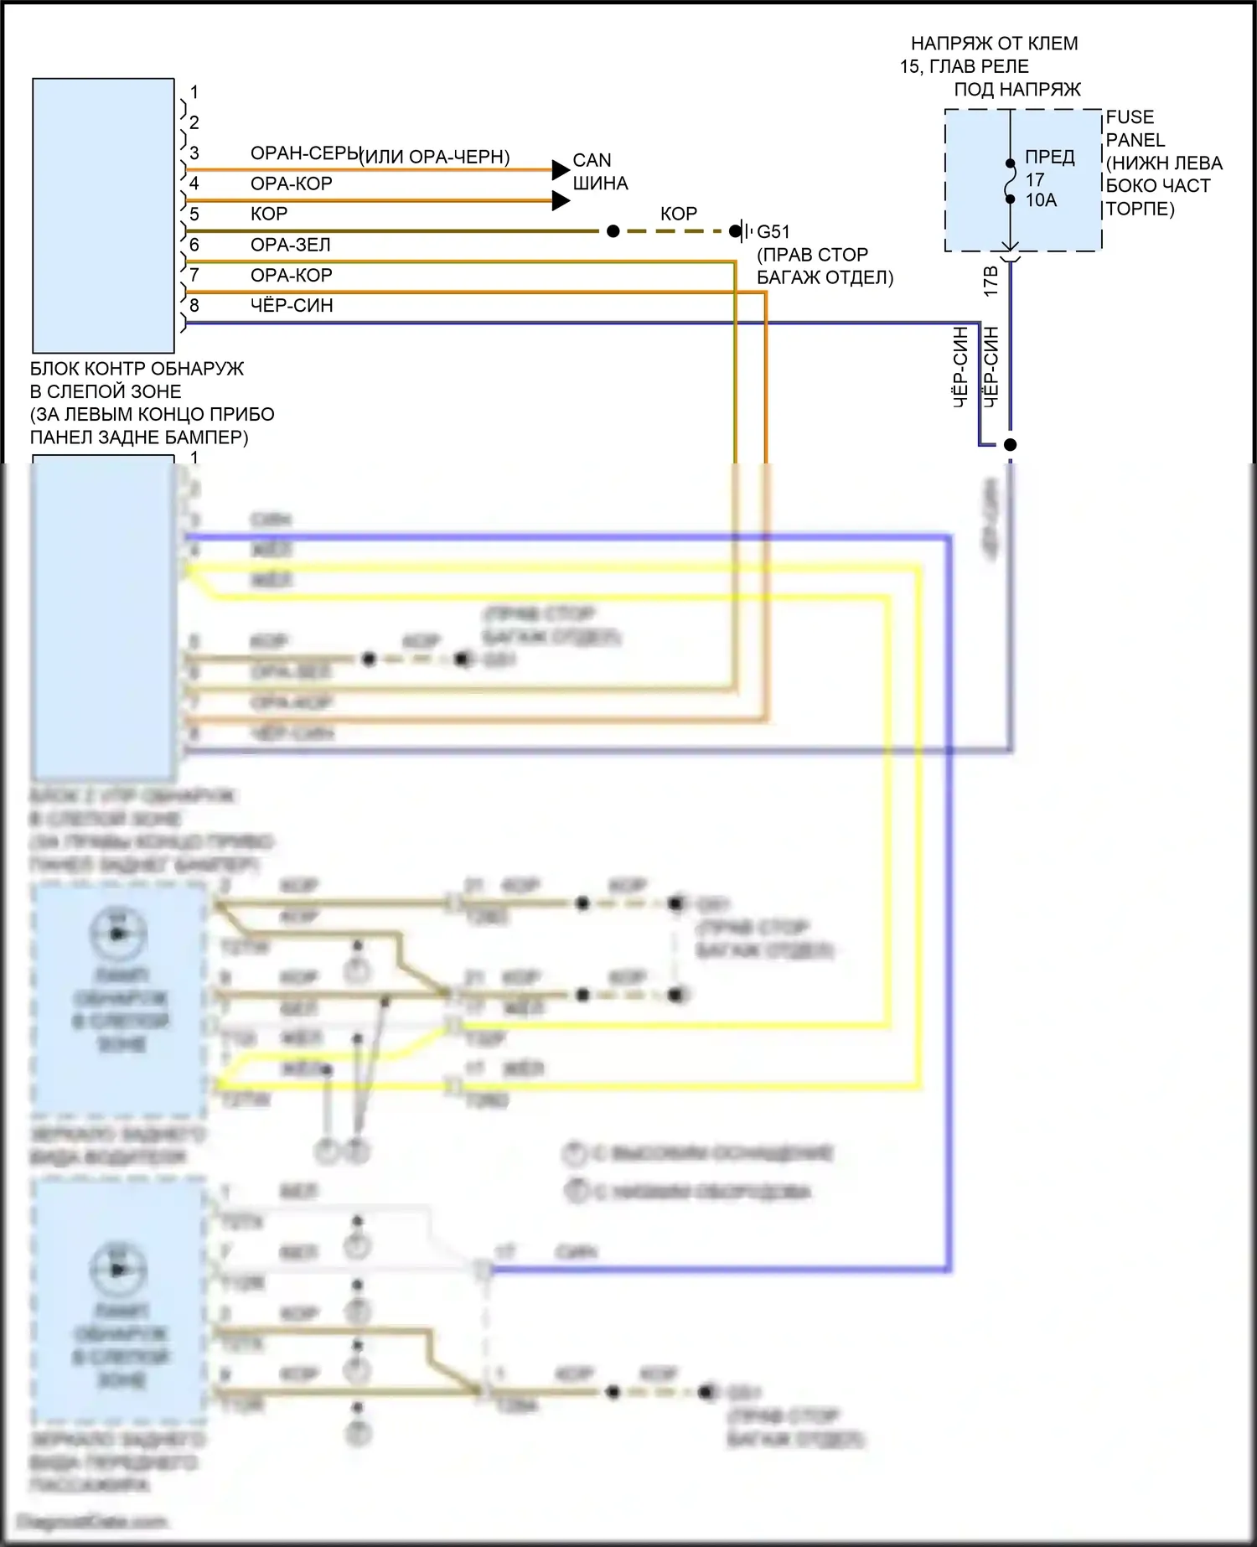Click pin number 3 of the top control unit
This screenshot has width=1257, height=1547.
194,153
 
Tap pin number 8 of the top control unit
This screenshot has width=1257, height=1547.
194,306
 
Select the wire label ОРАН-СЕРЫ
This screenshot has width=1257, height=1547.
305,153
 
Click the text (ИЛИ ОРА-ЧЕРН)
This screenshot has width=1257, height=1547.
435,157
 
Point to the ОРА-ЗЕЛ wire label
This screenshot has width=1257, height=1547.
291,245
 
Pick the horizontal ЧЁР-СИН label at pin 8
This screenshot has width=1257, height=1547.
292,306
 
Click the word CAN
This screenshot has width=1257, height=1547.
592,160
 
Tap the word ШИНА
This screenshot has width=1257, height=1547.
600,183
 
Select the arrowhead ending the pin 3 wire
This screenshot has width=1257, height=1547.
561,170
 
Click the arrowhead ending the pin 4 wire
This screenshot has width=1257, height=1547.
561,201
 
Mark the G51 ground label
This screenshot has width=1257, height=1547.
773,231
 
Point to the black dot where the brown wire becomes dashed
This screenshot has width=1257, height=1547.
613,231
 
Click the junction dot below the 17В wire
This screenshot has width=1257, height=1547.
1011,445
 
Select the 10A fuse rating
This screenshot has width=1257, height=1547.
1041,200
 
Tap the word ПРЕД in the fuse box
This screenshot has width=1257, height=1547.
1050,158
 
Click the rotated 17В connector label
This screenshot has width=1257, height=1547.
991,282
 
